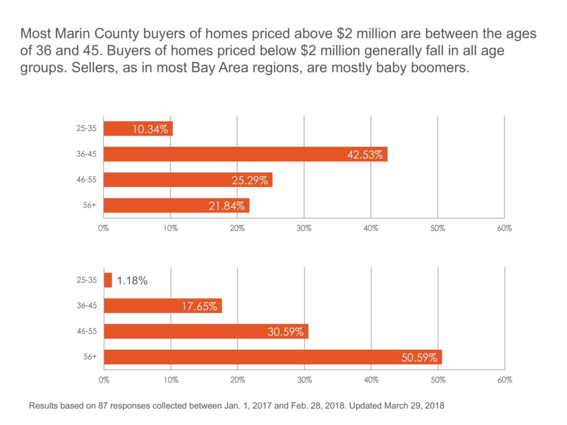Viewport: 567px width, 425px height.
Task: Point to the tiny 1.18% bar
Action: click(107, 280)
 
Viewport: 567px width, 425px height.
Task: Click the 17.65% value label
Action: click(199, 306)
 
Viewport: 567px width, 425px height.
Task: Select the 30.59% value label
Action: click(285, 332)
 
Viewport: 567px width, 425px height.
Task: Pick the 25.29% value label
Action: click(250, 180)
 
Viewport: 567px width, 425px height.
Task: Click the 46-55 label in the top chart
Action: click(86, 180)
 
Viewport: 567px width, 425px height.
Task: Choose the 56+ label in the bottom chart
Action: click(90, 357)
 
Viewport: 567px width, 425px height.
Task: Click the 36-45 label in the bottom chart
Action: click(86, 305)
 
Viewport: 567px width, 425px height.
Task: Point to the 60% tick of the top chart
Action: click(504, 228)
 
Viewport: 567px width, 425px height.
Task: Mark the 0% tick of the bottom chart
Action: click(104, 380)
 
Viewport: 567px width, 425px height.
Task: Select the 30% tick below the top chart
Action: click(304, 228)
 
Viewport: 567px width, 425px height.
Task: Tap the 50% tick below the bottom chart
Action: click(438, 380)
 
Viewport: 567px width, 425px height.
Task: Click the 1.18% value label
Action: click(132, 281)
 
